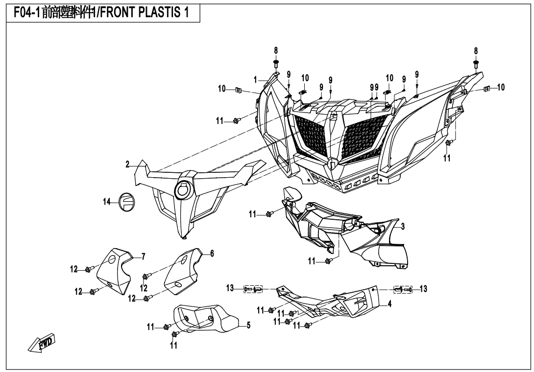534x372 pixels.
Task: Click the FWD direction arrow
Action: pos(43,343)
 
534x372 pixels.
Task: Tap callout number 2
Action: pos(127,165)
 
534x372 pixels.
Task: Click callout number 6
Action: pos(212,253)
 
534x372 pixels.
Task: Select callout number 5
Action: pos(248,325)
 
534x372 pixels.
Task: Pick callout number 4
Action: pos(389,303)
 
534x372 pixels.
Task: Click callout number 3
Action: pos(402,226)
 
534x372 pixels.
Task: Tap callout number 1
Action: pos(255,79)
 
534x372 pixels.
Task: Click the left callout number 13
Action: pos(230,289)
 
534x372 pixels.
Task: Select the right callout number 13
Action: pos(423,289)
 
